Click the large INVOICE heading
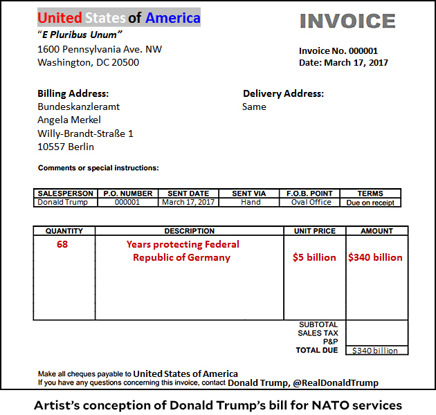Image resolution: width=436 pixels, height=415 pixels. (x=347, y=21)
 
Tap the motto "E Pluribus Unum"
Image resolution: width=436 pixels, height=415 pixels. (x=80, y=35)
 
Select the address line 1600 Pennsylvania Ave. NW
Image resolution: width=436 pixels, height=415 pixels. (x=100, y=49)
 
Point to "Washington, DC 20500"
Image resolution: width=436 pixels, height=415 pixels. (x=88, y=62)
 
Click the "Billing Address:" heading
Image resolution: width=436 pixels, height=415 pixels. (x=73, y=93)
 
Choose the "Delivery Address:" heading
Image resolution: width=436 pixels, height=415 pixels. (x=283, y=93)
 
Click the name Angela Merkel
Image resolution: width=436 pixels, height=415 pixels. (x=69, y=120)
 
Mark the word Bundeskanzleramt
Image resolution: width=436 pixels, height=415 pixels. (x=78, y=107)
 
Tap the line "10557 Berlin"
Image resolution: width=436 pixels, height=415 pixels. (x=66, y=147)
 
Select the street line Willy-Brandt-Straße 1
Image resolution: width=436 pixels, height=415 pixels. (x=85, y=133)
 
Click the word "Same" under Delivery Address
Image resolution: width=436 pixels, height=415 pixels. (x=254, y=107)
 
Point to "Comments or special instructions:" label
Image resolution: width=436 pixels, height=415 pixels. (x=98, y=168)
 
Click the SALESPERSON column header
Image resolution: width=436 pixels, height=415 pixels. (x=64, y=194)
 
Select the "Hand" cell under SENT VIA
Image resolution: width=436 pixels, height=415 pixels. (x=251, y=202)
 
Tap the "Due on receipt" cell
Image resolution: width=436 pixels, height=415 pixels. (x=371, y=203)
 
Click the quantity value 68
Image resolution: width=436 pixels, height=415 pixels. (x=62, y=244)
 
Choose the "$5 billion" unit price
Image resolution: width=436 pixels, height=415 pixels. (x=314, y=257)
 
